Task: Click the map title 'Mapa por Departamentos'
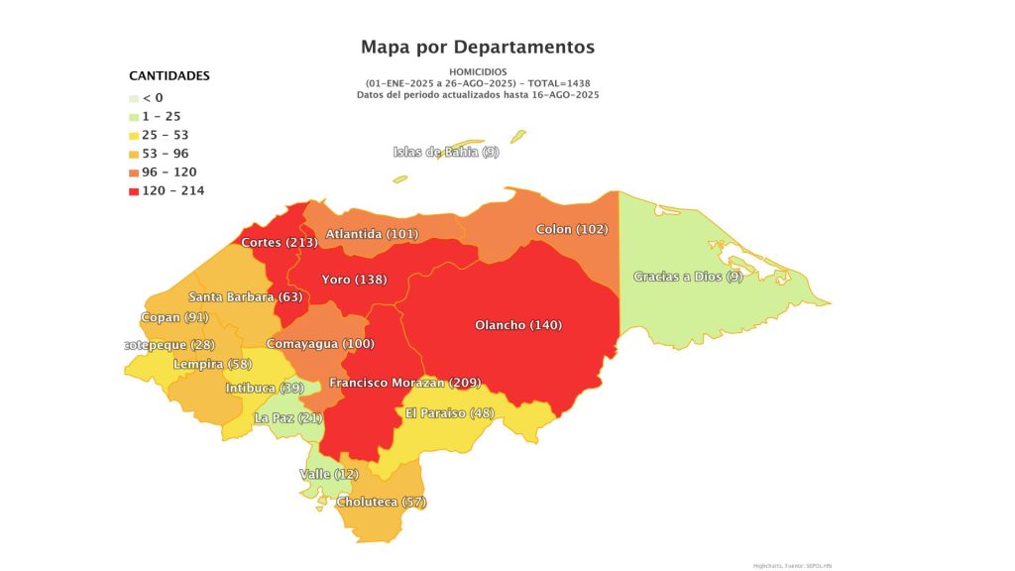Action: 478,47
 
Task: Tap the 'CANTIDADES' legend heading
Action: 169,75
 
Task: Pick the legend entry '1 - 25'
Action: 161,116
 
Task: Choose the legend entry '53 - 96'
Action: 165,154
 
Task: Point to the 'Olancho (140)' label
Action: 518,325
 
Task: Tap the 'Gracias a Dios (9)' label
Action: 688,277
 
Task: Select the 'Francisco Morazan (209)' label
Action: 404,383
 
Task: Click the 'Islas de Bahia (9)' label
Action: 446,152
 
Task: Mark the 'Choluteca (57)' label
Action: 382,503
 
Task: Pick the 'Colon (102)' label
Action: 572,229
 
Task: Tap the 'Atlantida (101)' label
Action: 372,234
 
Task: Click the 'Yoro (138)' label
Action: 355,280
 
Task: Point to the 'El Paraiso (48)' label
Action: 450,412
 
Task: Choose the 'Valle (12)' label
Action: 329,475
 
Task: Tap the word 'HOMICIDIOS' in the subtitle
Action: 478,72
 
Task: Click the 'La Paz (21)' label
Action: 287,418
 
